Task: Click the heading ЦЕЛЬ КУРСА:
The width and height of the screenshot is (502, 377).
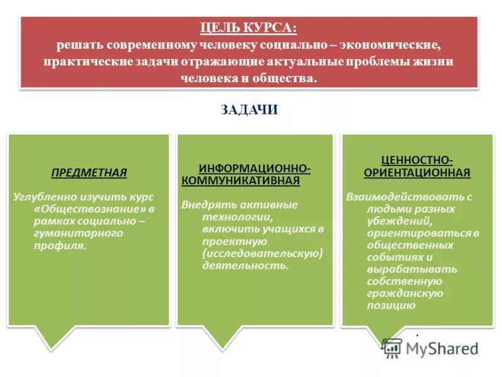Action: (x=248, y=28)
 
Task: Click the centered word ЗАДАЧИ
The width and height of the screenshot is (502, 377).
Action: (x=249, y=110)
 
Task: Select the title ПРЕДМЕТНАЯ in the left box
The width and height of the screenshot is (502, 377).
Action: (x=88, y=172)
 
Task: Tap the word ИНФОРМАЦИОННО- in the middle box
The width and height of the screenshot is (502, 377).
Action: (x=254, y=169)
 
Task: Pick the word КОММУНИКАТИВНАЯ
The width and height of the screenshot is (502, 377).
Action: (x=240, y=181)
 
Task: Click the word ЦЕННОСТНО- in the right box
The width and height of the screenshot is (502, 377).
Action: (x=417, y=160)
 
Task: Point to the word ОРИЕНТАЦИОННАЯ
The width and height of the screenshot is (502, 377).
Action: (x=417, y=172)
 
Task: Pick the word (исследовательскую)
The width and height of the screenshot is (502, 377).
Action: (x=262, y=253)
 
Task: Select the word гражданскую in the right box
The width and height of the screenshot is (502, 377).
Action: (x=405, y=293)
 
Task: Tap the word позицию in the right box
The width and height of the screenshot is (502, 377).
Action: (x=391, y=305)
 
